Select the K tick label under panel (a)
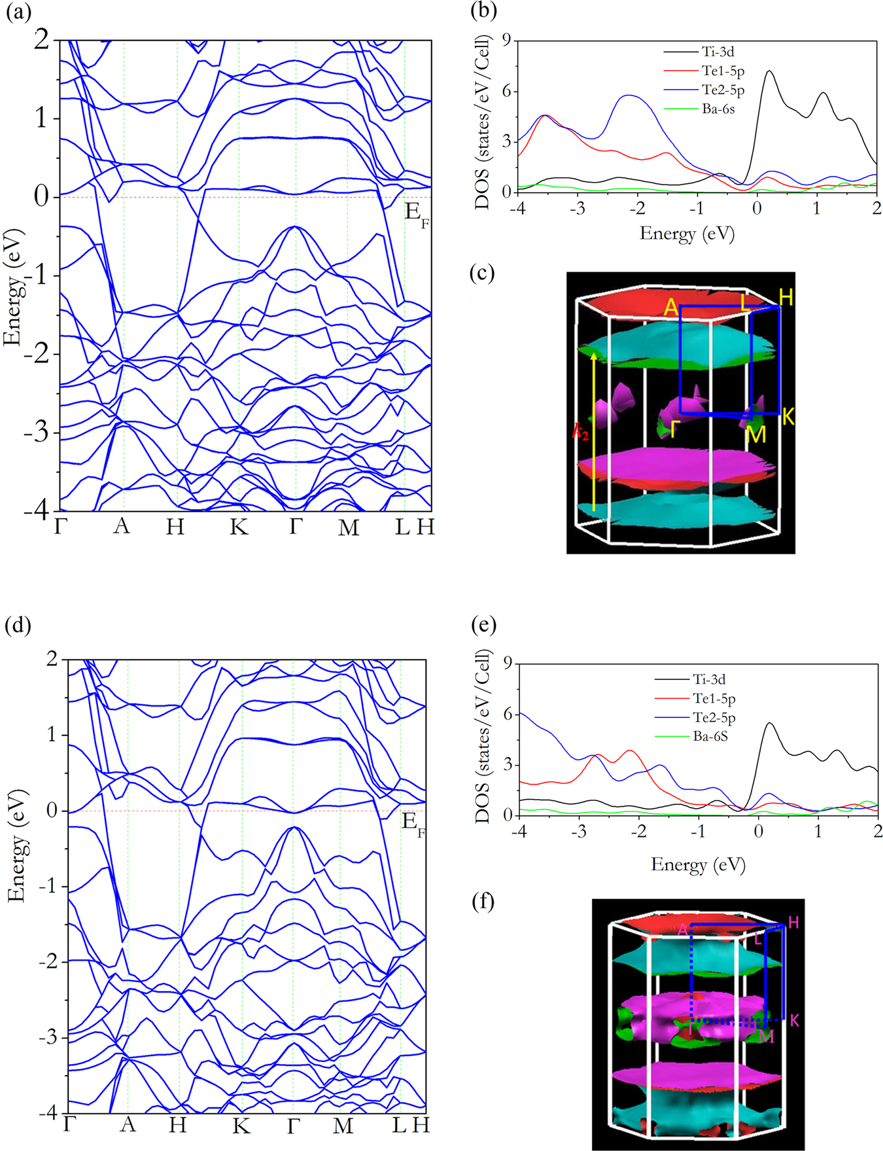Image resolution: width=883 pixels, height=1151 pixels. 239,527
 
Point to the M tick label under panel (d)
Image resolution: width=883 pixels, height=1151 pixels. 343,1125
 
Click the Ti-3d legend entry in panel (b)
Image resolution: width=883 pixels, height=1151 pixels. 718,52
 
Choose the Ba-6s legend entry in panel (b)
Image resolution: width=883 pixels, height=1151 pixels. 718,109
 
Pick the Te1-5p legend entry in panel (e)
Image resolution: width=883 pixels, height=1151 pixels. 714,699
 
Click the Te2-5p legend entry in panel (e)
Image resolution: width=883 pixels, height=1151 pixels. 714,718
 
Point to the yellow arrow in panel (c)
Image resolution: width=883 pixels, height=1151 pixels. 593,432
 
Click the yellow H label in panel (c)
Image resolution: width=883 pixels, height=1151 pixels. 786,298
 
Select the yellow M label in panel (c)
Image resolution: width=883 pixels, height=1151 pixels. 755,434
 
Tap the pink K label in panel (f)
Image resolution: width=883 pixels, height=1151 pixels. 795,1020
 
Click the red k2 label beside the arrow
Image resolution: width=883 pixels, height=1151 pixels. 580,432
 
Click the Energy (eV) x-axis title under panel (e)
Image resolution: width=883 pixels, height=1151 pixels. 698,864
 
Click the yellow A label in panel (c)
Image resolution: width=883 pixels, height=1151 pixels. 670,308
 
